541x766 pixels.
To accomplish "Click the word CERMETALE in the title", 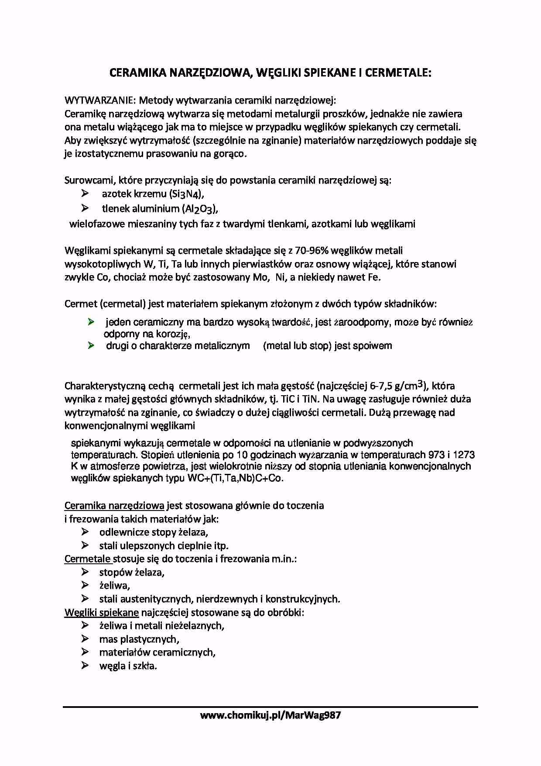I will tap(398, 72).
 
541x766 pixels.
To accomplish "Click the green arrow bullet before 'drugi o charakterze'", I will tap(91, 345).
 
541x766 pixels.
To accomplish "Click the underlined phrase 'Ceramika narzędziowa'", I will tap(114, 506).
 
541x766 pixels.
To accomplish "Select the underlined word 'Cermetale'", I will tap(87, 559).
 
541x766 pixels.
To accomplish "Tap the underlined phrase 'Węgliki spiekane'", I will tap(102, 612).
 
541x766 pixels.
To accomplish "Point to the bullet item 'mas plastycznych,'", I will tap(139, 639).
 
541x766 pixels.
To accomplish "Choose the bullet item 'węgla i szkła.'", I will tap(128, 666).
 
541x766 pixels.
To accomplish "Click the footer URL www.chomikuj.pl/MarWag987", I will tap(270, 715).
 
